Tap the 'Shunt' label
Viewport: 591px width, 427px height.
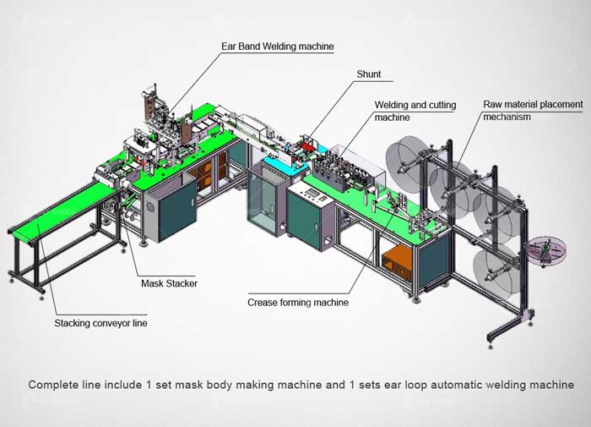pos(368,74)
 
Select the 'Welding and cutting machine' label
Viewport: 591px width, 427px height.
pos(415,111)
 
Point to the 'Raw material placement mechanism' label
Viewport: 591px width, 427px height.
pos(532,110)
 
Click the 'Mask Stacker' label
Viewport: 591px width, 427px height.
pos(169,283)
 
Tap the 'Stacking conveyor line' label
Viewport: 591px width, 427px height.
pos(95,322)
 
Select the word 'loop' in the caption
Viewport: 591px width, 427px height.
pos(402,385)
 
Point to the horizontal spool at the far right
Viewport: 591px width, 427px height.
pos(546,248)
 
